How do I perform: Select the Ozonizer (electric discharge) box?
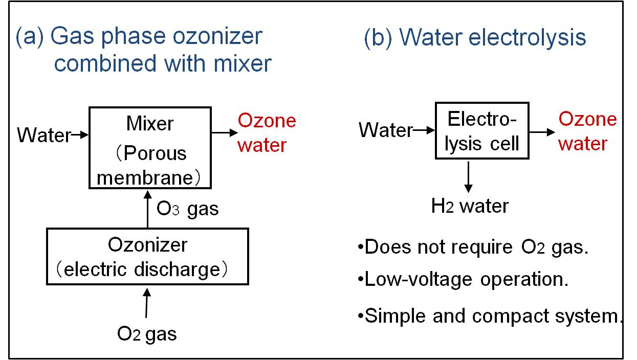147,256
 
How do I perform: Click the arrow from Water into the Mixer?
81,136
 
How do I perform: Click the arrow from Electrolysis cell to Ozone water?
541,131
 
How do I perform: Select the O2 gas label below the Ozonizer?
147,333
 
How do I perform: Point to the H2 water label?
470,206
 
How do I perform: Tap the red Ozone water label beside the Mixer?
267,133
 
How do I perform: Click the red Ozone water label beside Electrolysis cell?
587,131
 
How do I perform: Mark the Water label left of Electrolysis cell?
385,130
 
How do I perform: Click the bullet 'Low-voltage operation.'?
463,280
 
